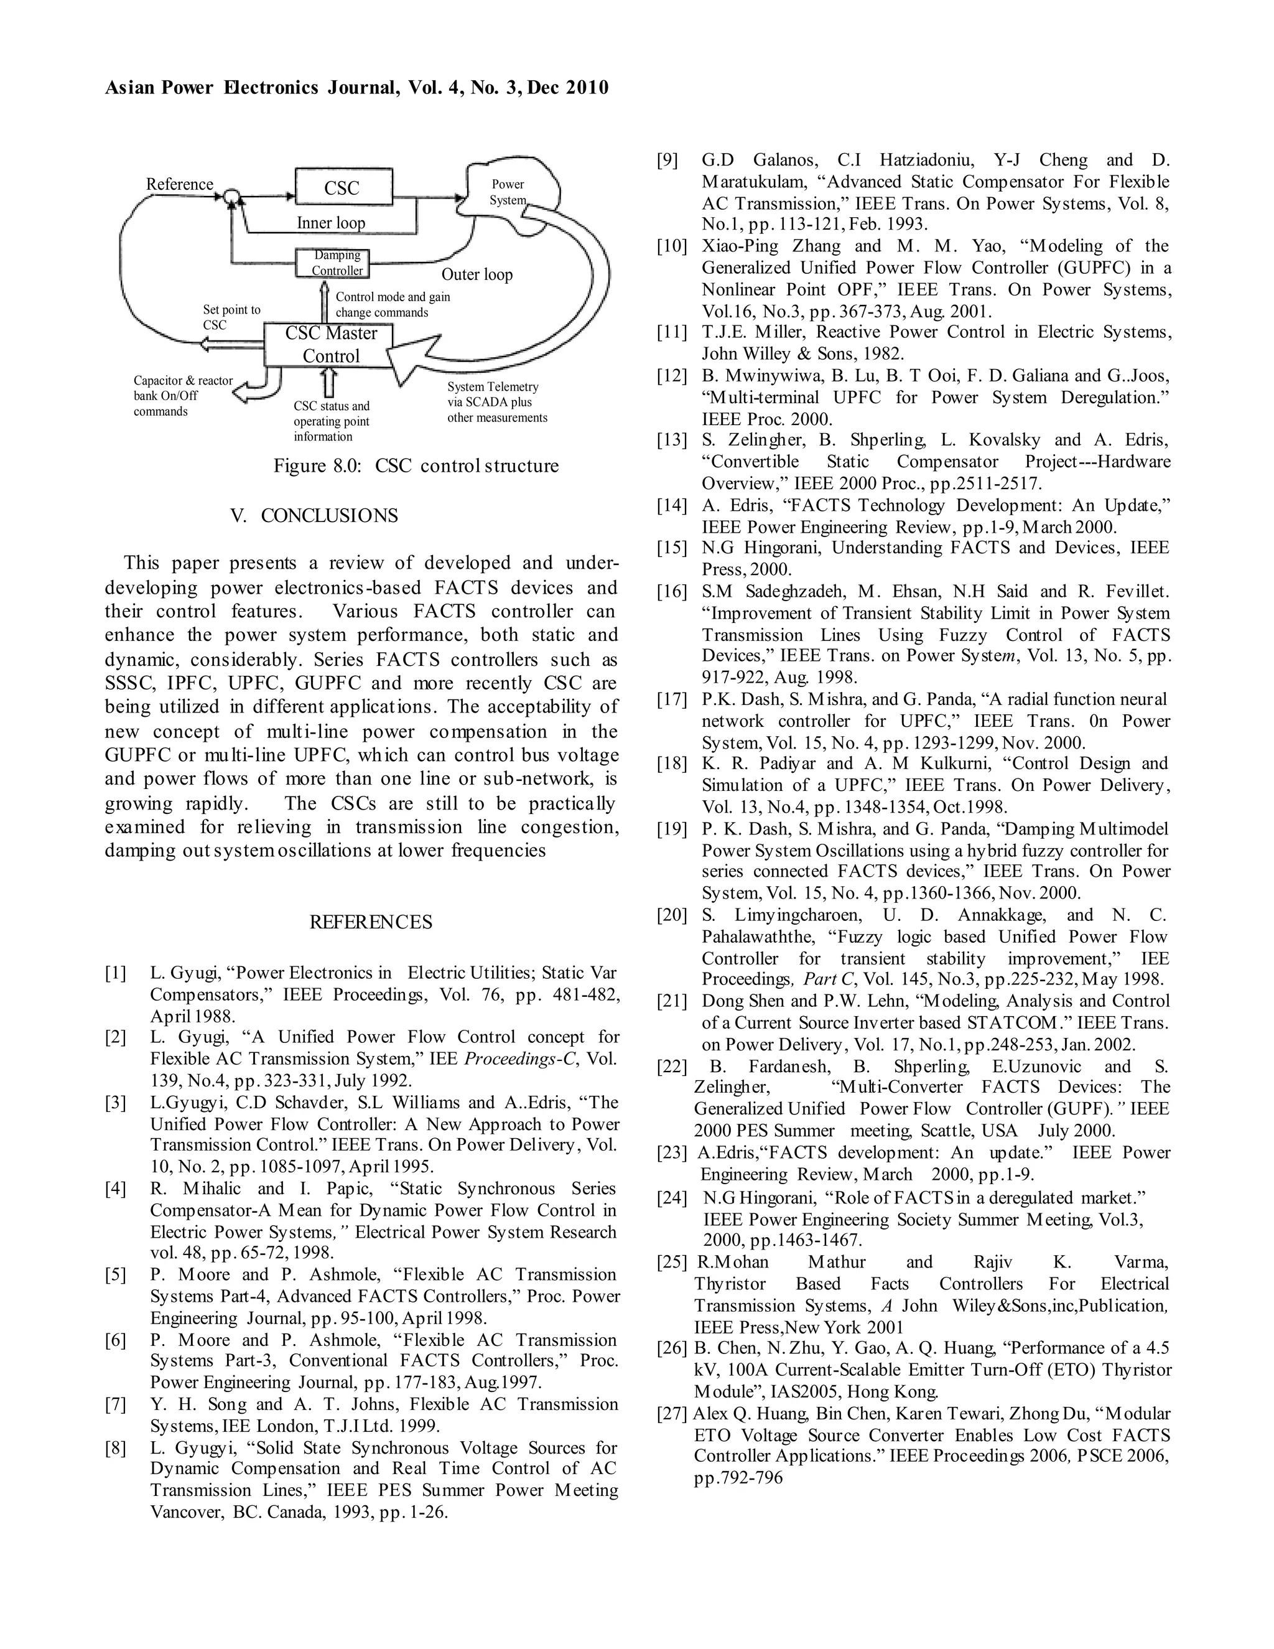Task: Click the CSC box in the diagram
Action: tap(343, 187)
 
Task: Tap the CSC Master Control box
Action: tap(330, 345)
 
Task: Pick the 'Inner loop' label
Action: tap(330, 223)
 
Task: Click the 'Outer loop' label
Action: tap(477, 274)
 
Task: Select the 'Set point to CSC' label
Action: tap(231, 317)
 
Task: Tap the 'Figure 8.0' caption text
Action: tap(416, 466)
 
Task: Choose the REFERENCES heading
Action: tap(371, 922)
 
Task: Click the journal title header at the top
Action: tap(356, 88)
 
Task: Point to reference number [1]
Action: tap(116, 973)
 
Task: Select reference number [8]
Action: tap(116, 1448)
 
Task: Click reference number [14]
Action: tap(672, 506)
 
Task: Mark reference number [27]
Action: tap(672, 1413)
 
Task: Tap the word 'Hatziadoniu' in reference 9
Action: tap(916, 160)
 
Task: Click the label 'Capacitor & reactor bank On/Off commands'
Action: tap(184, 396)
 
